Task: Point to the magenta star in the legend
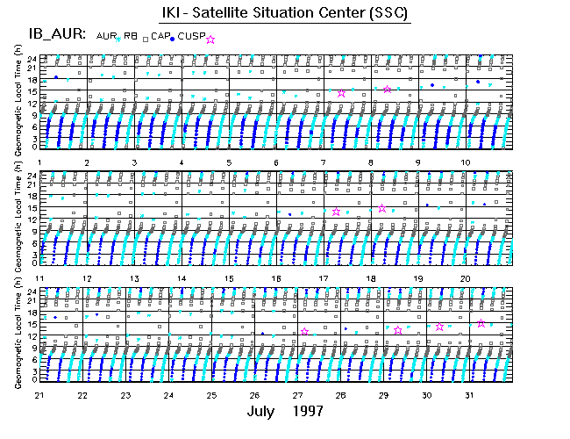[x=210, y=40]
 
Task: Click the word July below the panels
[x=265, y=412]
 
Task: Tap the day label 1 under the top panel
[x=40, y=163]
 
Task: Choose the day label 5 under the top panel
[x=228, y=163]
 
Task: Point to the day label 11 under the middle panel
[x=40, y=278]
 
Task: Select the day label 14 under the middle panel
[x=182, y=278]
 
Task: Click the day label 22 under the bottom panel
[x=82, y=394]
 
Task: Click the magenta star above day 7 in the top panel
[x=342, y=93]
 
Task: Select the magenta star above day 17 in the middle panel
[x=337, y=211]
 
